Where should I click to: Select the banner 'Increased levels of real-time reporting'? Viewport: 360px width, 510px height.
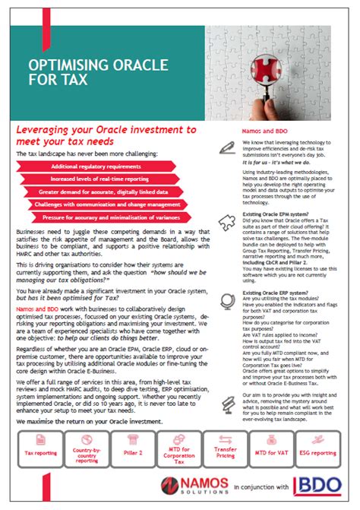(x=96, y=179)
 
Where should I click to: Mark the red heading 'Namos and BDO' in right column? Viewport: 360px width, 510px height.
(x=264, y=131)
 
